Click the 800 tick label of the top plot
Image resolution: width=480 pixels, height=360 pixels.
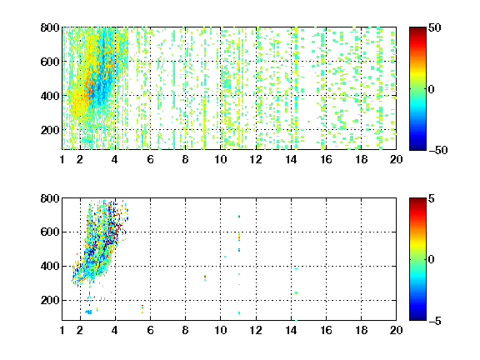(x=50, y=27)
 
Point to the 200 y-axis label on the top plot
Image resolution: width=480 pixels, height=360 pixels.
(x=50, y=130)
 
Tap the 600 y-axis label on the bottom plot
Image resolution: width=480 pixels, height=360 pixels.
(x=50, y=232)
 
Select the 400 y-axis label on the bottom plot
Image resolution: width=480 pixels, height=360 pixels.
(x=50, y=266)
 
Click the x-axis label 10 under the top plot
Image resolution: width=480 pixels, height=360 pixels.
(x=220, y=159)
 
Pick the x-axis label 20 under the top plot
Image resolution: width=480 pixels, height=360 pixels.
(x=396, y=159)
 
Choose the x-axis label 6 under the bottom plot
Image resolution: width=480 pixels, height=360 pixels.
(x=150, y=330)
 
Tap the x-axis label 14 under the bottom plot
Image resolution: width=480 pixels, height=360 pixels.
(x=291, y=330)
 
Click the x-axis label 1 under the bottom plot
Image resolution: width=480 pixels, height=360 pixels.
(x=62, y=330)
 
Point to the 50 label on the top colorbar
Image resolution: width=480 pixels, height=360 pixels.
(x=434, y=27)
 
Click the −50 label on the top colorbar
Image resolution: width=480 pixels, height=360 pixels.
(x=437, y=150)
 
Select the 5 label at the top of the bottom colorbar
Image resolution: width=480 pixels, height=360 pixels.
(x=432, y=198)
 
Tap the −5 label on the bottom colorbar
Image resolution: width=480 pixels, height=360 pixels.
(x=435, y=321)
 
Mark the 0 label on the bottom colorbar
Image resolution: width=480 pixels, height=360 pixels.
(x=431, y=260)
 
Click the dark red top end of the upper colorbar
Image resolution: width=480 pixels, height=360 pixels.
(x=417, y=29)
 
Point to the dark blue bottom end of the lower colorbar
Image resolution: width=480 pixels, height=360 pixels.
(x=417, y=318)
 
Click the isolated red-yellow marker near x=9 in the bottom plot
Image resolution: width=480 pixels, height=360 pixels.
(x=205, y=277)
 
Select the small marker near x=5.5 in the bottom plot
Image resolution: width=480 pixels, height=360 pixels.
(x=142, y=308)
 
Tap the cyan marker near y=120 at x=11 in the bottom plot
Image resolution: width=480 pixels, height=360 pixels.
(x=239, y=312)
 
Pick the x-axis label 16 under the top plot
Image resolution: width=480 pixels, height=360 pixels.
(x=326, y=159)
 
